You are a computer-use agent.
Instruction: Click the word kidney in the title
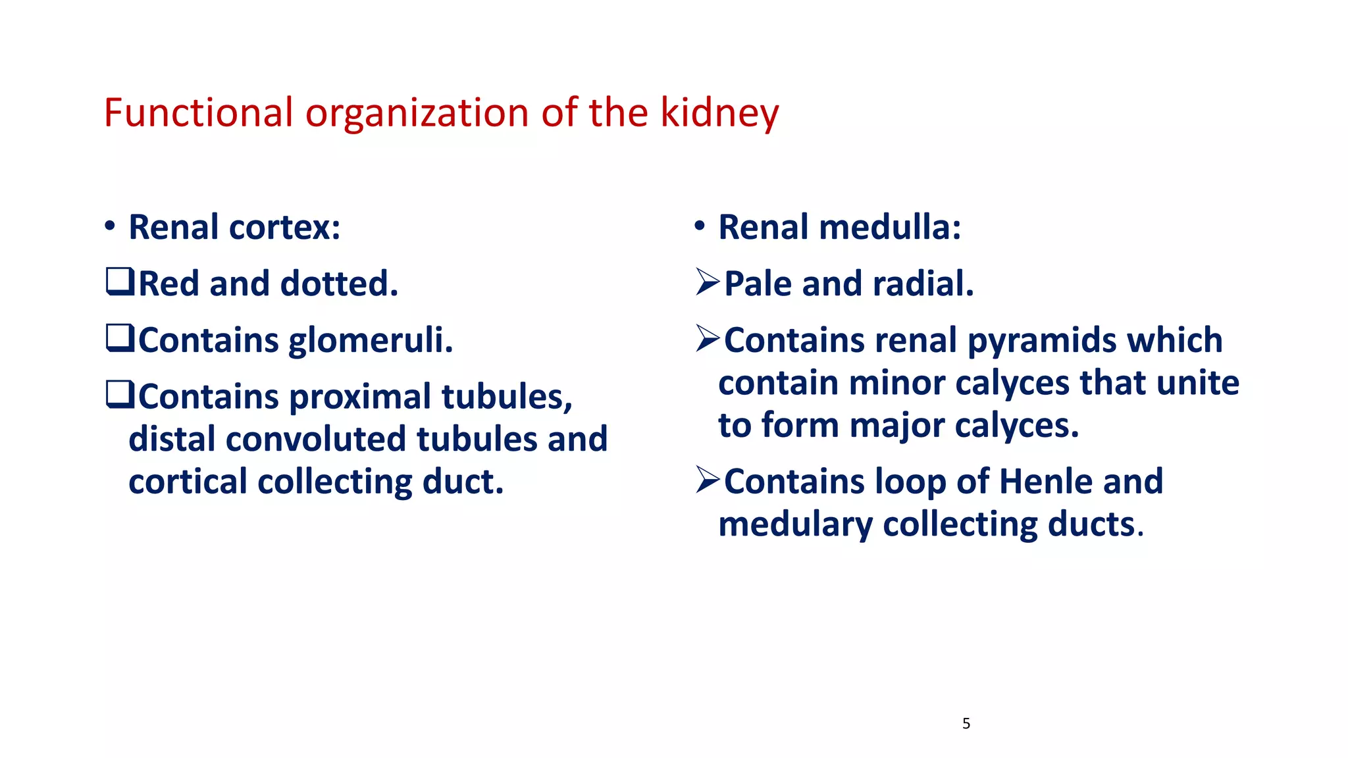(x=719, y=113)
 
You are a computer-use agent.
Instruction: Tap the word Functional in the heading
(x=198, y=113)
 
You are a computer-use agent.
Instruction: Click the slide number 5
(x=966, y=724)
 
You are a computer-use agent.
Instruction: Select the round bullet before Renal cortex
(x=110, y=227)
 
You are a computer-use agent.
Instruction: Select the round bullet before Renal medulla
(x=700, y=227)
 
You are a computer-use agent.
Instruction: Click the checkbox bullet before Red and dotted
(x=120, y=282)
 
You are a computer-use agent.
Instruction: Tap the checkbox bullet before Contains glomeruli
(x=120, y=339)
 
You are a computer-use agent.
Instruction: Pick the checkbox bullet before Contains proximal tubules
(x=120, y=395)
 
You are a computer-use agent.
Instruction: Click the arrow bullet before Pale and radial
(x=708, y=283)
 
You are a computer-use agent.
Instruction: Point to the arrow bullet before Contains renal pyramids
(x=708, y=340)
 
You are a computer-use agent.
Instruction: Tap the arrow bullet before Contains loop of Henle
(x=708, y=480)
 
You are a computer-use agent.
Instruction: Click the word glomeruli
(x=371, y=341)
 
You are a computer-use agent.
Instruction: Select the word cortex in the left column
(x=284, y=228)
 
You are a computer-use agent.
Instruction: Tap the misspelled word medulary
(x=795, y=525)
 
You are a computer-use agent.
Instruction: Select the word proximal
(x=360, y=397)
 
